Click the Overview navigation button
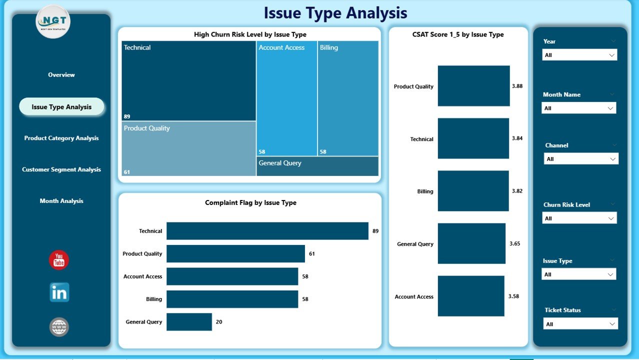click(61, 75)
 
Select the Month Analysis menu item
click(61, 201)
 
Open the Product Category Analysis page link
click(61, 138)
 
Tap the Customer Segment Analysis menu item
click(61, 169)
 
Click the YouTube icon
click(59, 260)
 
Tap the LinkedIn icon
click(59, 293)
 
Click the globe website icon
click(59, 327)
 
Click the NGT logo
click(53, 22)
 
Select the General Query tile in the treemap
click(317, 166)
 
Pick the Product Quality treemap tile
click(188, 149)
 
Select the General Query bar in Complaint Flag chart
click(189, 322)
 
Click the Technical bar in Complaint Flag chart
click(267, 231)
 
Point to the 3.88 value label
click(517, 86)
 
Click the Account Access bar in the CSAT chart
click(471, 296)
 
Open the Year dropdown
click(579, 55)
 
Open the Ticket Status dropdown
click(580, 324)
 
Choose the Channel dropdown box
click(581, 159)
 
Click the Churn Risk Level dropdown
click(579, 218)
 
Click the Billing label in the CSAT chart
click(425, 191)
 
